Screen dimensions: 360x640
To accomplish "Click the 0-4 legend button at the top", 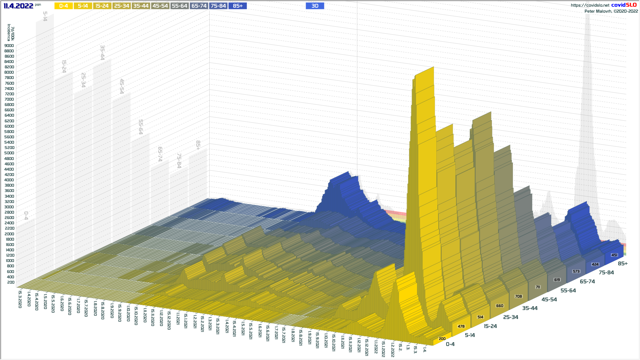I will [63, 6].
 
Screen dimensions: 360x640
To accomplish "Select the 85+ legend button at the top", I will [238, 6].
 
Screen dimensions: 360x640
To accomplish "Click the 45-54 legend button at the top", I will [160, 6].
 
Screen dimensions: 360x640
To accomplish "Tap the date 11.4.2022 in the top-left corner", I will [18, 6].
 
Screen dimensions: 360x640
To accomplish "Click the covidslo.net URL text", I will [590, 5].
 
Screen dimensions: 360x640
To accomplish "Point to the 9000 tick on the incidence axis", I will [9, 46].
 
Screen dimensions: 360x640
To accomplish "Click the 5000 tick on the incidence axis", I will [9, 153].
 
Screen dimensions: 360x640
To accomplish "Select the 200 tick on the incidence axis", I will [11, 282].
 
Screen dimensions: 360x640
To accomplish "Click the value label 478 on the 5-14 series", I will [461, 326].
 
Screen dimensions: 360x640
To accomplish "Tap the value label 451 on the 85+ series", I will [614, 255].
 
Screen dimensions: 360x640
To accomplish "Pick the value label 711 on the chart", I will [538, 287].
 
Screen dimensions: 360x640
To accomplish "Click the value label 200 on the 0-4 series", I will [442, 339].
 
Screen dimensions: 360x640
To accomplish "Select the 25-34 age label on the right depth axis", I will [511, 317].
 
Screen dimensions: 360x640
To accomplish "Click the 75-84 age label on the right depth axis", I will [606, 272].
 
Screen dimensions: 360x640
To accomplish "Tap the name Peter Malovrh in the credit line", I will [598, 11].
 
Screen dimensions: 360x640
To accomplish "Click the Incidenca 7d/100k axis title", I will [11, 32].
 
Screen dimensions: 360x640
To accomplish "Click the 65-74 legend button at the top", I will [199, 6].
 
